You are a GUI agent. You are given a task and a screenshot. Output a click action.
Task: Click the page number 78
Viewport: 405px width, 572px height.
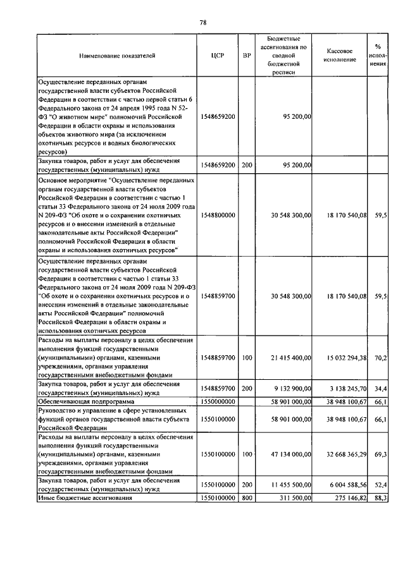202,23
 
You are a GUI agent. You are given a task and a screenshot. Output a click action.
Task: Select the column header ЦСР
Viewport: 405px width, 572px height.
218,56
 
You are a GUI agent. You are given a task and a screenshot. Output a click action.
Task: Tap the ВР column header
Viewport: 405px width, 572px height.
247,56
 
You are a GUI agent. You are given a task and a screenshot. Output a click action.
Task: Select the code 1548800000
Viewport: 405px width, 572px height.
218,216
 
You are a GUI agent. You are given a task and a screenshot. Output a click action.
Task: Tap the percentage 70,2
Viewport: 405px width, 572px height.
380,358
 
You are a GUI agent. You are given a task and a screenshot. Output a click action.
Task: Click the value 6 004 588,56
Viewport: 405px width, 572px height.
346,485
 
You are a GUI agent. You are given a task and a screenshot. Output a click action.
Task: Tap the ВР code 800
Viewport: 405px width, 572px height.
247,498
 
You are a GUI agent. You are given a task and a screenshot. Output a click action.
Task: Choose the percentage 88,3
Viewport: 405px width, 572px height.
380,498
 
